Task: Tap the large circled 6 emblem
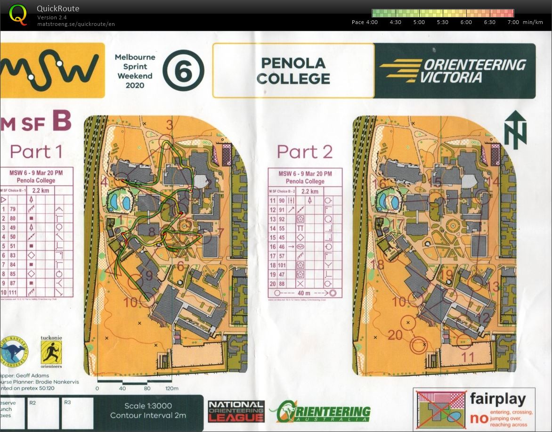point(183,71)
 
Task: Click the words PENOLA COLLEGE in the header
point(293,71)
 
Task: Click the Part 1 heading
point(36,152)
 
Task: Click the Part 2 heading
point(304,152)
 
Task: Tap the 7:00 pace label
point(513,22)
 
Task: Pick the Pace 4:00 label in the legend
point(365,22)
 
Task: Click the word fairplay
point(497,399)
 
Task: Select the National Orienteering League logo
point(236,411)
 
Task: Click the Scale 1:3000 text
point(148,406)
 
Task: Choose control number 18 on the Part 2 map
point(378,265)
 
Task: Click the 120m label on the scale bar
point(172,389)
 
